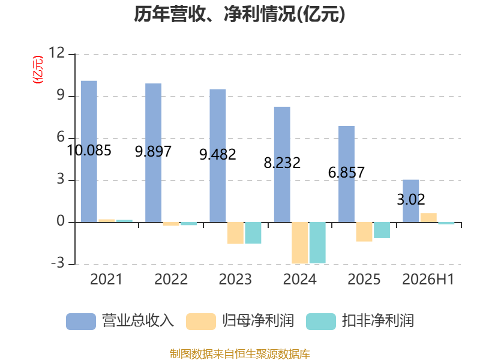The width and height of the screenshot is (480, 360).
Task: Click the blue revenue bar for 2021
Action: (x=89, y=152)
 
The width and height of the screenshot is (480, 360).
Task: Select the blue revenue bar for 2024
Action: (x=282, y=164)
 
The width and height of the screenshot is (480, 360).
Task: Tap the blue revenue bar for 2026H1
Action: (x=410, y=201)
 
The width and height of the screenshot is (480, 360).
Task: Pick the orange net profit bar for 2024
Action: (x=299, y=243)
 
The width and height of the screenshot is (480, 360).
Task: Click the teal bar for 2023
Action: (x=253, y=233)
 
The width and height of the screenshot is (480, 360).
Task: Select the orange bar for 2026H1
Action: (x=428, y=218)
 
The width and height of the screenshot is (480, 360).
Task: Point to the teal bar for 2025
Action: (x=382, y=230)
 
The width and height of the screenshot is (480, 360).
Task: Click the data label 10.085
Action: (x=89, y=151)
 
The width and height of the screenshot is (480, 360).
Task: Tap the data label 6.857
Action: (x=346, y=172)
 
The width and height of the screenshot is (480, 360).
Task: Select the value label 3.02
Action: (x=411, y=200)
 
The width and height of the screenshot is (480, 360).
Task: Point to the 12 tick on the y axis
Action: (x=56, y=53)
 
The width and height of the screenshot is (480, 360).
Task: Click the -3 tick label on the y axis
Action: (x=58, y=263)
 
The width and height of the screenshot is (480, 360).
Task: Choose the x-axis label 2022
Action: (x=171, y=279)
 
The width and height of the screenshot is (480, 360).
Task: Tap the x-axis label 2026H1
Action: (x=428, y=279)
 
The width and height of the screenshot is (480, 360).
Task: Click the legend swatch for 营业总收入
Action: (x=81, y=322)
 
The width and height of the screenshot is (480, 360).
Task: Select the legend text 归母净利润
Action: (x=258, y=321)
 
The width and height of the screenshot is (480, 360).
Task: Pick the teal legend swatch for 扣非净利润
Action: (x=321, y=322)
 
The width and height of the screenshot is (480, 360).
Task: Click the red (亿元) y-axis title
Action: (x=38, y=70)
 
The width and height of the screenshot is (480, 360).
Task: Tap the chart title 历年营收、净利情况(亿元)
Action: (x=239, y=14)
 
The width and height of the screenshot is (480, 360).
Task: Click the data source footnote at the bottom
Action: (x=240, y=354)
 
